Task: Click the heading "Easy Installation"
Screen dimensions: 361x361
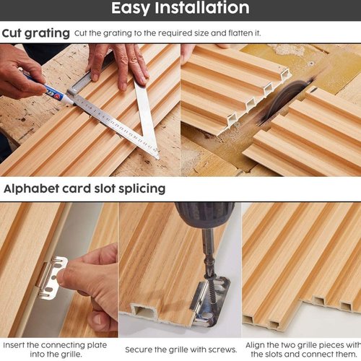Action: [x=180, y=8]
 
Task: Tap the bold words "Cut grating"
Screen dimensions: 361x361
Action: [x=36, y=33]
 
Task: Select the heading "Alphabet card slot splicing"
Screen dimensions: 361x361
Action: [x=84, y=188]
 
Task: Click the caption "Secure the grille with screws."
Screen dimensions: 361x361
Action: [x=181, y=349]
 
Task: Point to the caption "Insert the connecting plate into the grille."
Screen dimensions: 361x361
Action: [x=55, y=349]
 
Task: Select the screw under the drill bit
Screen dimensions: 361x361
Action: [x=210, y=287]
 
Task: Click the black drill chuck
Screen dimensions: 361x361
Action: [x=204, y=214]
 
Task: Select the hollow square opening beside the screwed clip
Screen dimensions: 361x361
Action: [x=143, y=312]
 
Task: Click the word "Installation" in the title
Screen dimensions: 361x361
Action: [x=202, y=8]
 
